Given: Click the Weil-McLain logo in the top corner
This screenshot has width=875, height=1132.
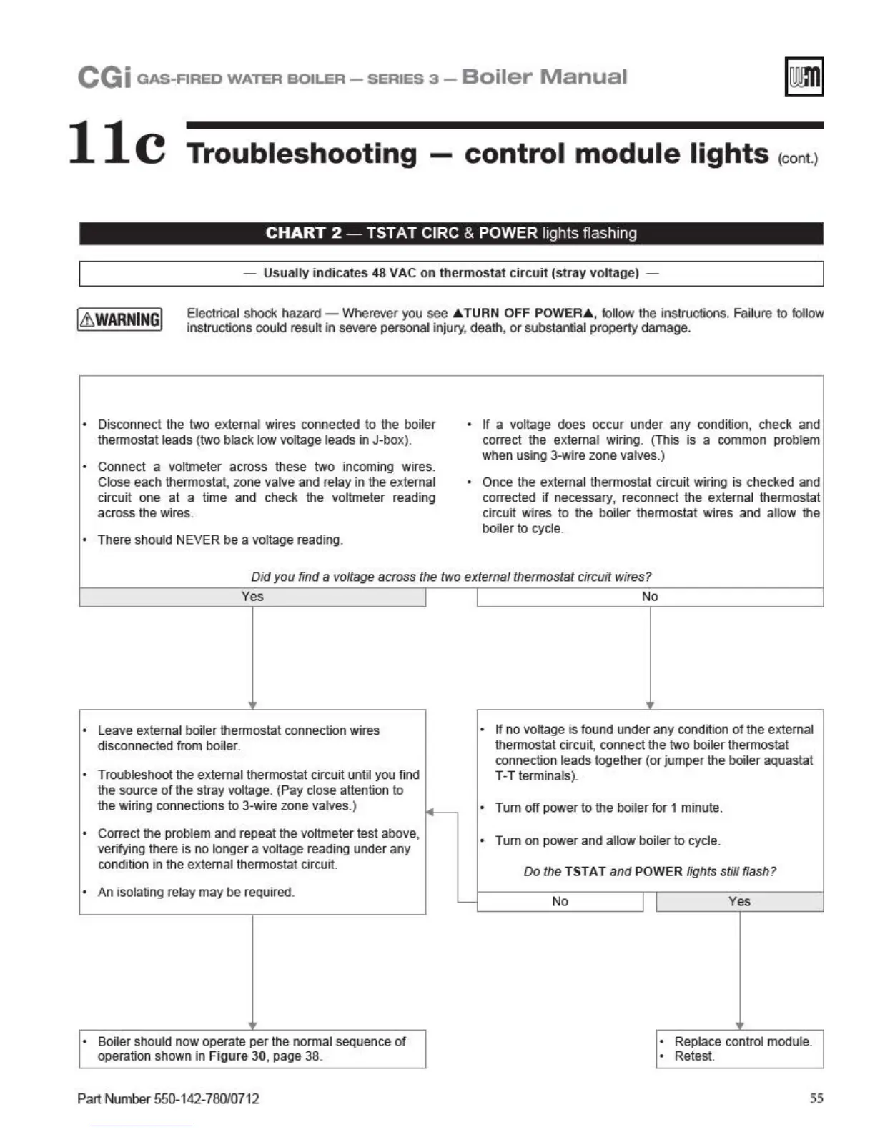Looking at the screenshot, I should (804, 76).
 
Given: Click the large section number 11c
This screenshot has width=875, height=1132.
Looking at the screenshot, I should (117, 143).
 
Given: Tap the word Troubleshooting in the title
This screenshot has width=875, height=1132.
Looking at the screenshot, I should (302, 154).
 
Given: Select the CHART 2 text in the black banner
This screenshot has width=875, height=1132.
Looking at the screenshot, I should (304, 233).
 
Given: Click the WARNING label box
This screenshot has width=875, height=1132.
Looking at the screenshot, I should (119, 319).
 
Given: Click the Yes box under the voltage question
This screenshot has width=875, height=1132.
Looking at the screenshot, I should (252, 597).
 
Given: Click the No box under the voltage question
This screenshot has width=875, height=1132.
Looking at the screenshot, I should (649, 597).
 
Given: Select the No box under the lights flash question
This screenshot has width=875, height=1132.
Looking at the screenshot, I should (560, 902).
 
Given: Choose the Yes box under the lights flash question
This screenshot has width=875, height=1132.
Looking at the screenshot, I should (739, 902).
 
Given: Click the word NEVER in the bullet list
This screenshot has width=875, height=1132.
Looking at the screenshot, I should (198, 540).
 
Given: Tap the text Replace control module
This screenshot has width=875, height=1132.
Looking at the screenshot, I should (743, 1041).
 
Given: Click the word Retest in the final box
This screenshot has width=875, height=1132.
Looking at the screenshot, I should (693, 1056).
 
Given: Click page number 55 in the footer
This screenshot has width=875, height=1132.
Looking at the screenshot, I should (816, 1098).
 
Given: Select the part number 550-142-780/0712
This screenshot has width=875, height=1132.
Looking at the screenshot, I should (207, 1099).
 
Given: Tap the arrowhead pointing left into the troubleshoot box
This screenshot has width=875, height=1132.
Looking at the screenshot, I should (430, 812).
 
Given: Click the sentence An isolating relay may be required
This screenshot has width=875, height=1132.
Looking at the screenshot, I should (196, 893).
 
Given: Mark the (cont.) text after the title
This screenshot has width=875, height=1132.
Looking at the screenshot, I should (798, 159).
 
